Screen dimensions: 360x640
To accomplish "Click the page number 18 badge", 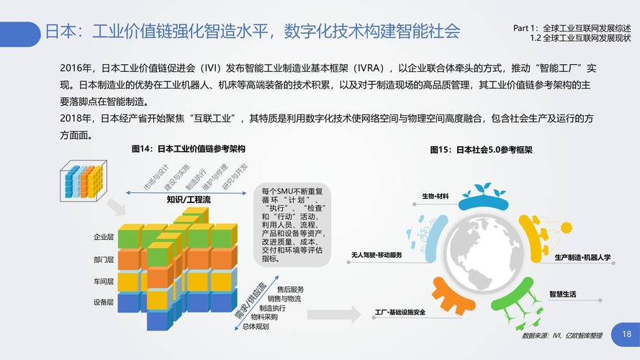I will [626, 335].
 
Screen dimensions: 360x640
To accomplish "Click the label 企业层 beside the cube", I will [104, 237].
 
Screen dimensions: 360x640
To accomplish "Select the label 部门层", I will [104, 259].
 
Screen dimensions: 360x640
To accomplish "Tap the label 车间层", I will [104, 281].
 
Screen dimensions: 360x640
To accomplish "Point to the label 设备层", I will [104, 302].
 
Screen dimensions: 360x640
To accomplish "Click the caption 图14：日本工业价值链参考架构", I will [189, 150].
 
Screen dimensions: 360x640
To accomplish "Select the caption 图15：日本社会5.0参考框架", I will [481, 150].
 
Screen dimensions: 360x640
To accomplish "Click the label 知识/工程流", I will [188, 199].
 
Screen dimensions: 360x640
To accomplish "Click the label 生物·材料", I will [435, 197].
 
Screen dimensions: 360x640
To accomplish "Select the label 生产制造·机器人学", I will [582, 257].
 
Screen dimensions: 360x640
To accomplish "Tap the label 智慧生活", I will [562, 294].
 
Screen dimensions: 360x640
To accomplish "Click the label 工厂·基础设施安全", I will [400, 312].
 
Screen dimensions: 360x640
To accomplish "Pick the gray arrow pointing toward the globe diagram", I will [333, 313].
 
